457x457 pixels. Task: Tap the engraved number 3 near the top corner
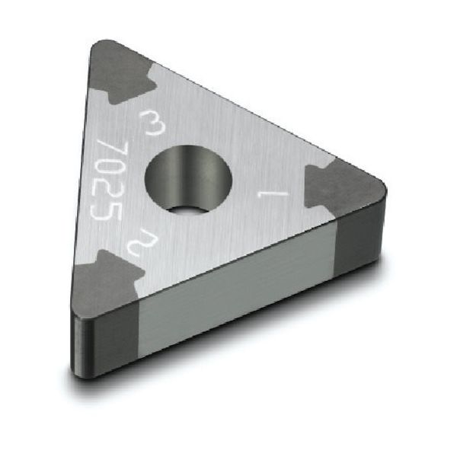pyautogui.click(x=151, y=121)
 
